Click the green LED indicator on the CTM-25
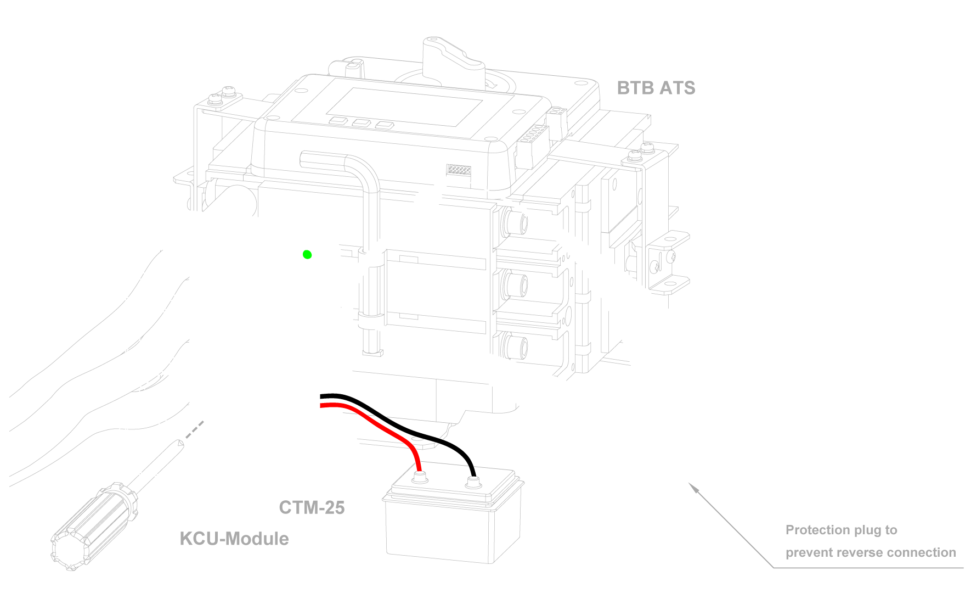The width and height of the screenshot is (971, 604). point(307,255)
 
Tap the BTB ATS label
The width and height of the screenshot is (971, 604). point(656,88)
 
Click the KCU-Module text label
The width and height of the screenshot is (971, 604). point(234,539)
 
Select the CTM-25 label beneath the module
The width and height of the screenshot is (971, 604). point(312,507)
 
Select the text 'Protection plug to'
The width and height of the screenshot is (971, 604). point(841,530)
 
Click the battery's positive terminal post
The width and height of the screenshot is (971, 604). point(420,474)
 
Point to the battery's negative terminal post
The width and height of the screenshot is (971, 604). point(471,484)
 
